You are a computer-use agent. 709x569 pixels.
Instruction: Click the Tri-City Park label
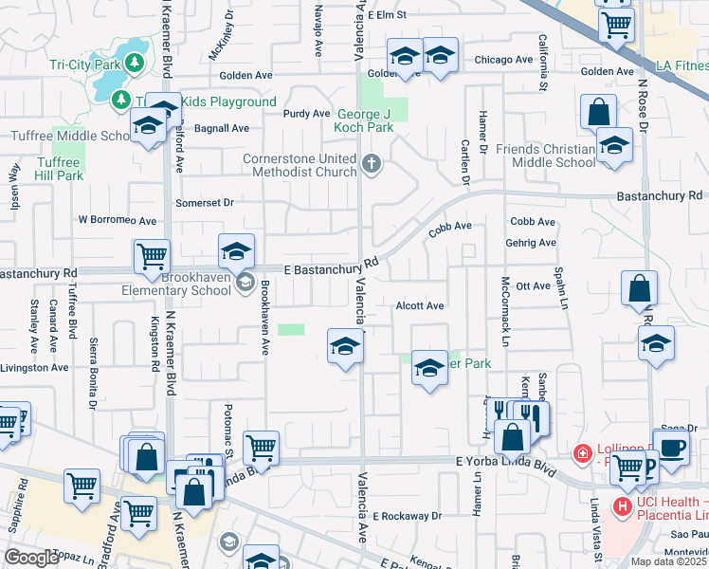(x=83, y=65)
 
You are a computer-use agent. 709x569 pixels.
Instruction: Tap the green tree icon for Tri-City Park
(x=135, y=63)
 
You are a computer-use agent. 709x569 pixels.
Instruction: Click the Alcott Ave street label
(x=419, y=306)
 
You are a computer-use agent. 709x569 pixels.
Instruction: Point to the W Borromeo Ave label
(x=117, y=220)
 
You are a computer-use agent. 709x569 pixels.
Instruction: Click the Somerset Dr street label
(x=204, y=203)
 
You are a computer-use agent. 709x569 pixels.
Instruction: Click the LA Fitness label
(x=682, y=65)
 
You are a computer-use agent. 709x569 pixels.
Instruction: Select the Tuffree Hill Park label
(x=59, y=169)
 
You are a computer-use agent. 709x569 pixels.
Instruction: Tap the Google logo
(x=30, y=558)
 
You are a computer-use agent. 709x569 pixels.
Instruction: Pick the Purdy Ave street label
(x=306, y=114)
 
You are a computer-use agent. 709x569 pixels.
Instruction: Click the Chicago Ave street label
(x=502, y=60)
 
